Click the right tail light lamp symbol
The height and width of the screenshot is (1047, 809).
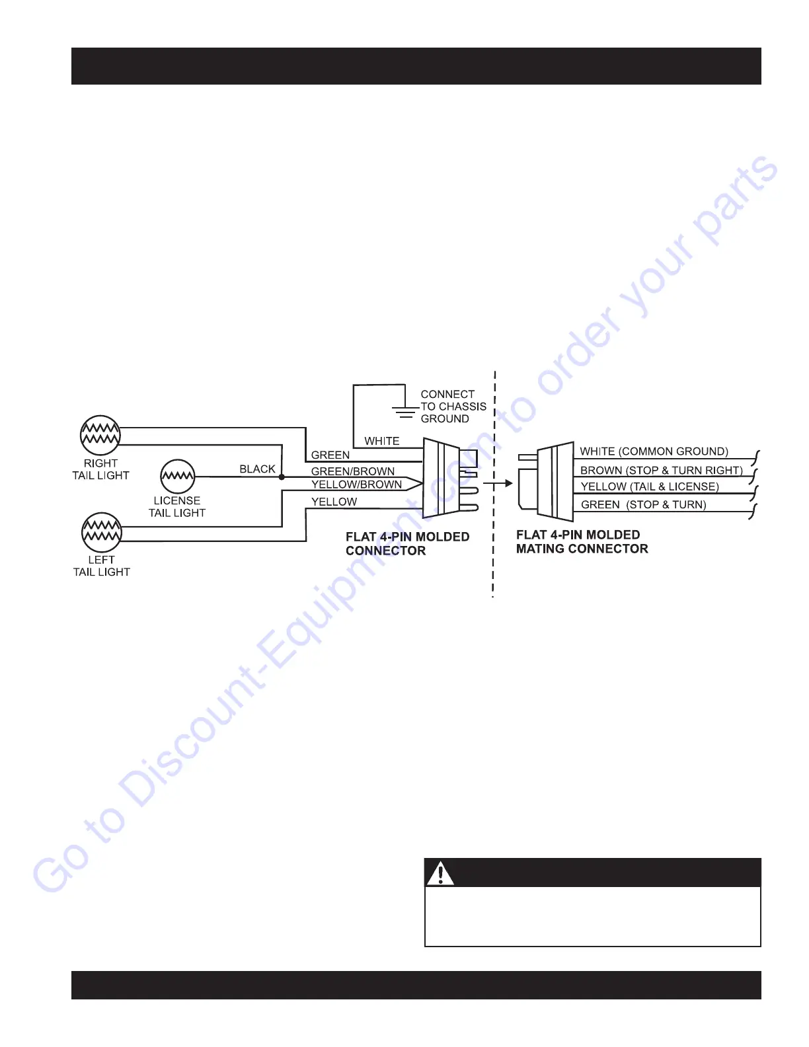point(100,435)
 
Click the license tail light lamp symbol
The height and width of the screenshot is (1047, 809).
point(177,476)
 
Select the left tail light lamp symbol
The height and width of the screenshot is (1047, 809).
point(102,532)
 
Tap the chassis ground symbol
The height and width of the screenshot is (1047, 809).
point(404,410)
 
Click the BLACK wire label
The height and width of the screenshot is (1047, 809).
point(257,469)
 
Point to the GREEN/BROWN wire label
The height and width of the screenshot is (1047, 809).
point(353,471)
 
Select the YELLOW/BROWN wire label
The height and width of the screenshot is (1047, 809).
point(356,485)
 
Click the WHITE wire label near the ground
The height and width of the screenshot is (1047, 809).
point(381,441)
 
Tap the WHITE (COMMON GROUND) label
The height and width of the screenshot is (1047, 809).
point(654,451)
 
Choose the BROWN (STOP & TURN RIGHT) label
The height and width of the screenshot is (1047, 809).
point(661,471)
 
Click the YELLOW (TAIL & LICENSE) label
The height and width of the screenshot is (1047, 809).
point(649,486)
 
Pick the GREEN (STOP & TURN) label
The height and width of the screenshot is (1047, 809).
point(643,504)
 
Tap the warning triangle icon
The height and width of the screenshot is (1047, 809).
point(440,873)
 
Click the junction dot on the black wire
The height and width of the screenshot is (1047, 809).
point(282,477)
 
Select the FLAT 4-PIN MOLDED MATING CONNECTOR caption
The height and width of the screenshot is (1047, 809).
point(582,542)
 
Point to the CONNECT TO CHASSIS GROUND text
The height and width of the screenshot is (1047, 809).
point(453,406)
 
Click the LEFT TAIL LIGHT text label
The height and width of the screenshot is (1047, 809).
point(101,566)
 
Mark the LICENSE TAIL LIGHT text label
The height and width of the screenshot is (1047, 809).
point(176,507)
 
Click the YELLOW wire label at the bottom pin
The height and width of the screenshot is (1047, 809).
point(334,502)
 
